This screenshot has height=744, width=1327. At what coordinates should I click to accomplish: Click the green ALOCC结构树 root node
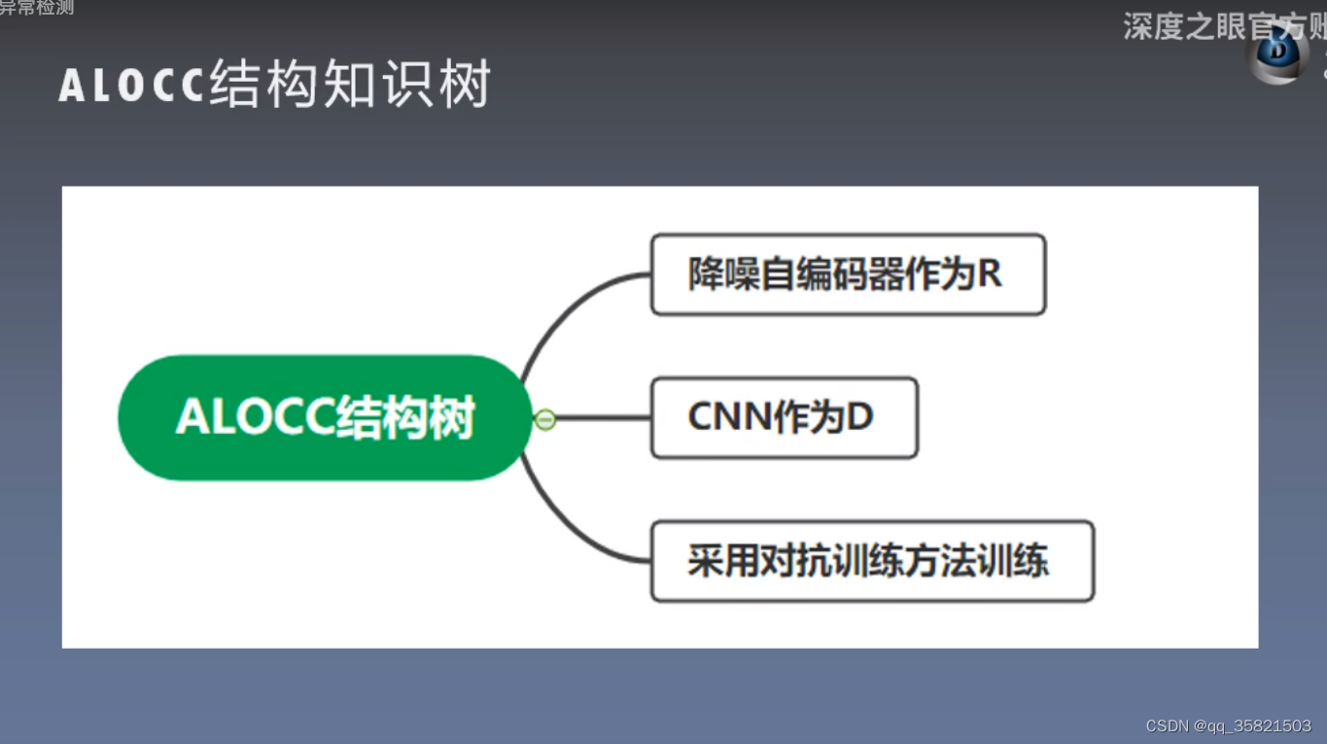pyautogui.click(x=325, y=417)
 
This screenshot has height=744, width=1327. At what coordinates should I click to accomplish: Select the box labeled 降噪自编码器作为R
pyautogui.click(x=848, y=274)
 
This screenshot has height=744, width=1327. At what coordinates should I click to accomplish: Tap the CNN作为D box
pyautogui.click(x=784, y=418)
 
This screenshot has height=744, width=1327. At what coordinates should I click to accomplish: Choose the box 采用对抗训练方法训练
pyautogui.click(x=872, y=561)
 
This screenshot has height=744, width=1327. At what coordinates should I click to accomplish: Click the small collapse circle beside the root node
pyautogui.click(x=545, y=419)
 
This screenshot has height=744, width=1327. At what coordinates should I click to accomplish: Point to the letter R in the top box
pyautogui.click(x=990, y=274)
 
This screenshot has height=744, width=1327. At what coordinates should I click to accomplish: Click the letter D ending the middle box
pyautogui.click(x=860, y=417)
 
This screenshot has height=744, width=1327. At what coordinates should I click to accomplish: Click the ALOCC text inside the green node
pyautogui.click(x=255, y=418)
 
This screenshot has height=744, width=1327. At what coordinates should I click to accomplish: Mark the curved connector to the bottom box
pyautogui.click(x=574, y=530)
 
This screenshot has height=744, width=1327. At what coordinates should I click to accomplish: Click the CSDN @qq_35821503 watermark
pyautogui.click(x=1228, y=726)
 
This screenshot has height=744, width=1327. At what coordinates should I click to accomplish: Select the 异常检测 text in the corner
pyautogui.click(x=37, y=8)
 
